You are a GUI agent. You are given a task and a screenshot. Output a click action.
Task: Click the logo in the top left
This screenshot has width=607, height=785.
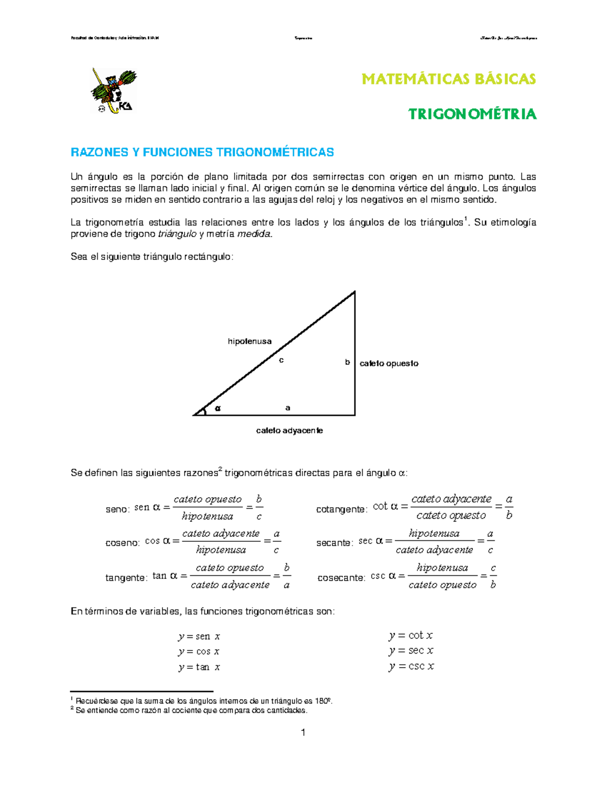114,90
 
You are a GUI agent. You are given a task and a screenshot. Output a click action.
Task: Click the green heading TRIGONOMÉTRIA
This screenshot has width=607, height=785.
472,114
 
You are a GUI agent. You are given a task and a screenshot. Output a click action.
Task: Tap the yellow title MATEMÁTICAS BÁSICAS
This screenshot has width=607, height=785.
449,79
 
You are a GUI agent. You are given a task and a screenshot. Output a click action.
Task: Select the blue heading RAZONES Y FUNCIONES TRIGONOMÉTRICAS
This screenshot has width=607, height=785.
202,152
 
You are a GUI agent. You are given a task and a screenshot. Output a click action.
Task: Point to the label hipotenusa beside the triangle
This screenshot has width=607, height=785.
249,341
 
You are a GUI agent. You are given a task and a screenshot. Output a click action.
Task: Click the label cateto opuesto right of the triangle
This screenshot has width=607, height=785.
388,363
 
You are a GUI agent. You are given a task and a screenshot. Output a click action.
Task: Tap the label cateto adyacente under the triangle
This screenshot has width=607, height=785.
289,431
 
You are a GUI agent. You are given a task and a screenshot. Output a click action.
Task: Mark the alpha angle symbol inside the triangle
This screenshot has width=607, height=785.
218,408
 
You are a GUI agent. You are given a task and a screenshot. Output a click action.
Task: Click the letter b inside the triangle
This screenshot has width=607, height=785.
348,362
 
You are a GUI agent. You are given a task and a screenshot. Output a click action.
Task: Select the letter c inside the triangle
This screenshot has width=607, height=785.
281,360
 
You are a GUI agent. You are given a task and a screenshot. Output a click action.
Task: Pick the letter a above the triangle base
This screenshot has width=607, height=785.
288,407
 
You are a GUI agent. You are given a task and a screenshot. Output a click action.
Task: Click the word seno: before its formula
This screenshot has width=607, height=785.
117,509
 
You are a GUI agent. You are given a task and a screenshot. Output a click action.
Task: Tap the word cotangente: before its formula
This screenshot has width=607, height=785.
341,510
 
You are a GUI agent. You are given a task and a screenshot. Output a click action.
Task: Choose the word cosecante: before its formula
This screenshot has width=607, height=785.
341,578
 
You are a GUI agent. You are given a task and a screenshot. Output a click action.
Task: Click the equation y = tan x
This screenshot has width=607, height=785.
199,667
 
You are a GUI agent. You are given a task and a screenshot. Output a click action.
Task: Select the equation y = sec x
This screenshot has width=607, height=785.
411,651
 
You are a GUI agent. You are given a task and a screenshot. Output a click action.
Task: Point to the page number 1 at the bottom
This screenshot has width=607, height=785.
303,732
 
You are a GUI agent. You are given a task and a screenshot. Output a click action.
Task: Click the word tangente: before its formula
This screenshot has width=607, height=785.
126,578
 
